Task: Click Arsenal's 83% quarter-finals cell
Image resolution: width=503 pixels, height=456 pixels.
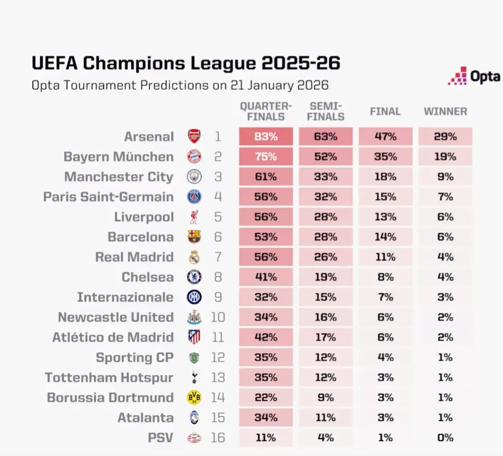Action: pos(266,137)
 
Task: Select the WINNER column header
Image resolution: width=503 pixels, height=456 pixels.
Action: pos(445,112)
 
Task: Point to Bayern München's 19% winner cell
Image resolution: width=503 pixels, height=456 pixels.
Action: pos(445,157)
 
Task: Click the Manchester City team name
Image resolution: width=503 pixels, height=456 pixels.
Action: pos(118,177)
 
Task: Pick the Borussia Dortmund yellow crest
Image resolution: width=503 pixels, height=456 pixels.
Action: pos(194,397)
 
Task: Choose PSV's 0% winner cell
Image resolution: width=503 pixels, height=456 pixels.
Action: pos(445,438)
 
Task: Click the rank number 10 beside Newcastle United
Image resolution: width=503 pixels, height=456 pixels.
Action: pos(217,318)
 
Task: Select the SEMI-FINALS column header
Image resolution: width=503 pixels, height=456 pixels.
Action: pos(325,112)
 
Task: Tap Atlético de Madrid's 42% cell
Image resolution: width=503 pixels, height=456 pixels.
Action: pos(266,338)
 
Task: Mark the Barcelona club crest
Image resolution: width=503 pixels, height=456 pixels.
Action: pos(194,237)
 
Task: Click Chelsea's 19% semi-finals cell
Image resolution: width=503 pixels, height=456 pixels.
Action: pos(325,277)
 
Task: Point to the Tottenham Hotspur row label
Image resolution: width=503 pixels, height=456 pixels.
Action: pos(109,378)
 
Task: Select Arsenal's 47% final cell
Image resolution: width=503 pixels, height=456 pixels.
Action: pos(385,137)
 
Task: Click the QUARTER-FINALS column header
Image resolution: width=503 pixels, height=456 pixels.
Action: pos(266,112)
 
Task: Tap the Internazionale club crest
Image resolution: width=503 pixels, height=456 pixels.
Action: pos(194,297)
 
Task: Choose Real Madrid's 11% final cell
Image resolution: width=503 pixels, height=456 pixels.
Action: pos(385,257)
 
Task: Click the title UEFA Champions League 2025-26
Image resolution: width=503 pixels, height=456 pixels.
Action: pos(185,63)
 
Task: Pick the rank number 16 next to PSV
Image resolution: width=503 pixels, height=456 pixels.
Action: pos(217,438)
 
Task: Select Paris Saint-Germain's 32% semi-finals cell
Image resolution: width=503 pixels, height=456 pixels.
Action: pos(325,197)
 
